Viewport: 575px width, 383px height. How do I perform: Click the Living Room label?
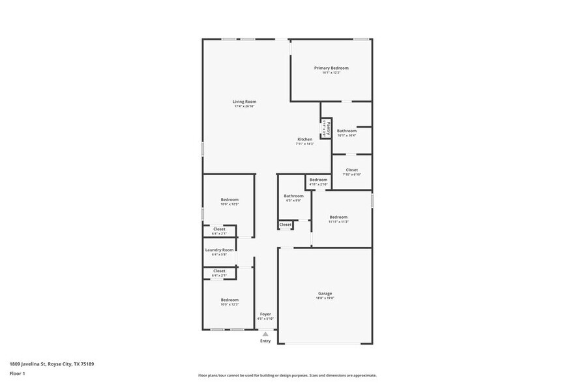pos(244,102)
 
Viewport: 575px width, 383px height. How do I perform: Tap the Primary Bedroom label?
pos(331,68)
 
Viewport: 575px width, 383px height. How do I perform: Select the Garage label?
pos(325,294)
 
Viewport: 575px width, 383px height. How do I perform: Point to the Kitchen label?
pos(305,139)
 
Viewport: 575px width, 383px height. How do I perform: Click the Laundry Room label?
pos(219,250)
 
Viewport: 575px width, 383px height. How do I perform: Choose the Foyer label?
pos(265,314)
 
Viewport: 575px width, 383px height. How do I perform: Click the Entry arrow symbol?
pos(265,334)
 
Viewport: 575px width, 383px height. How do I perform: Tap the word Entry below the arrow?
pos(265,341)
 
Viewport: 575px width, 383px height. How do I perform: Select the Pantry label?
pos(327,127)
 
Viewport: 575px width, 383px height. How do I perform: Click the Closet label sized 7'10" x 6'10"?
pos(352,170)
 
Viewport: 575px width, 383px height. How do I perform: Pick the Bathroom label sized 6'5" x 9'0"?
pos(293,196)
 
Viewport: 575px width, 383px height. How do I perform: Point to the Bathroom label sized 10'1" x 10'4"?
pos(347,131)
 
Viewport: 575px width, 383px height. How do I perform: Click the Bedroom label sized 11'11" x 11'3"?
pos(338,217)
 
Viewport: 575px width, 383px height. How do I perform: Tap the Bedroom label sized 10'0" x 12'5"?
pos(229,199)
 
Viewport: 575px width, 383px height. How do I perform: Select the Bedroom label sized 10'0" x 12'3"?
pos(229,300)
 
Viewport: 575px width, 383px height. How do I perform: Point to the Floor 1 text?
pos(17,373)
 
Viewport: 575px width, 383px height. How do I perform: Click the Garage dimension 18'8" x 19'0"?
pos(325,298)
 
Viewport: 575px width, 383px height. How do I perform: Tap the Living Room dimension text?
pos(244,106)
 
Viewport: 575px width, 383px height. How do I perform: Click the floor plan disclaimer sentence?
pos(287,375)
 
